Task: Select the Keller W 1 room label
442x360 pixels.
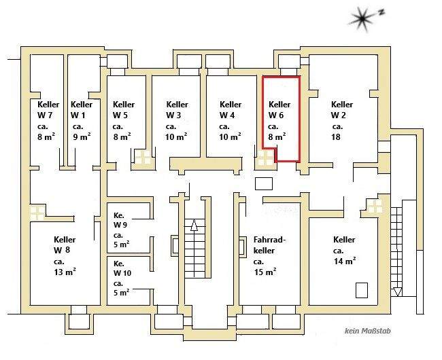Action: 81,110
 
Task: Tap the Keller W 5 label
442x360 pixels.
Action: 123,110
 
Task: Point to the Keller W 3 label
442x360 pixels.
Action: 176,110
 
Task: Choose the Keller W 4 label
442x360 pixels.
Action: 231,110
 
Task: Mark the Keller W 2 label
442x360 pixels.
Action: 341,110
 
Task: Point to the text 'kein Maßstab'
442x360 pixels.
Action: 367,331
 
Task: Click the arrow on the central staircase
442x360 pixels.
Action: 194,228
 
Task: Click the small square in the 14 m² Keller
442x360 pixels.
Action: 361,291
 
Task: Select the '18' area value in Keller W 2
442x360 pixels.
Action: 336,137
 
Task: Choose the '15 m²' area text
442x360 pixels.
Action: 265,272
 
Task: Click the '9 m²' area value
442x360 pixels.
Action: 81,137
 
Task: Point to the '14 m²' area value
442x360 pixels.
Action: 345,262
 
